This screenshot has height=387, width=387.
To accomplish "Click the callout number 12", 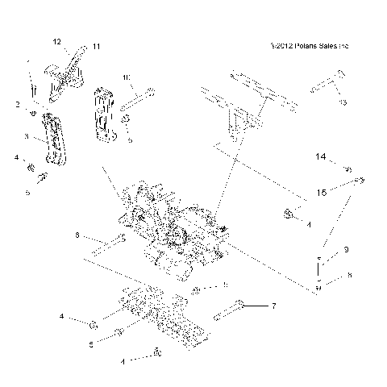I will coord(56,40).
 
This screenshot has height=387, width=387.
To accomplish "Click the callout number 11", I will coord(96,48).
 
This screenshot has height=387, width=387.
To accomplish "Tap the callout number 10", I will coord(127,77).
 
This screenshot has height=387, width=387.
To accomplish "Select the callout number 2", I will coord(17,105).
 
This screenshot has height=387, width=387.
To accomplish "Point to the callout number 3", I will coord(27,138).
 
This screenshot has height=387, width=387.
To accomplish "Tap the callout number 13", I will coord(342,103).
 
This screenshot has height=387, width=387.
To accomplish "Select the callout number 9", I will coord(345,251).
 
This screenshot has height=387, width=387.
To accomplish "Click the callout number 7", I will coord(273,306).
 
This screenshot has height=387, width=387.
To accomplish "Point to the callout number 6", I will coord(77,236).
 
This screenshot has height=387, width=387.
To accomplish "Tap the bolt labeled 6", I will coord(107,241).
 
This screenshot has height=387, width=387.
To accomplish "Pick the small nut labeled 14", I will coord(347,169).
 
